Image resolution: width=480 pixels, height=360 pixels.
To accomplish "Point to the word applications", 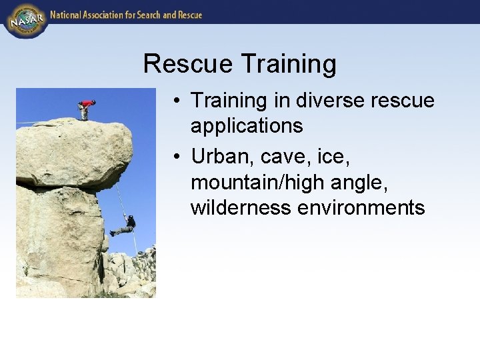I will [x=247, y=125].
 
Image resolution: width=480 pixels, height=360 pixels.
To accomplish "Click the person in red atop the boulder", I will [x=85, y=108].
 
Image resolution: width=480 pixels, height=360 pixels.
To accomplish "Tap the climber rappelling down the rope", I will [x=125, y=225].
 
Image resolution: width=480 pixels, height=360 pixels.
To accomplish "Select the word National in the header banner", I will [x=67, y=15].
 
